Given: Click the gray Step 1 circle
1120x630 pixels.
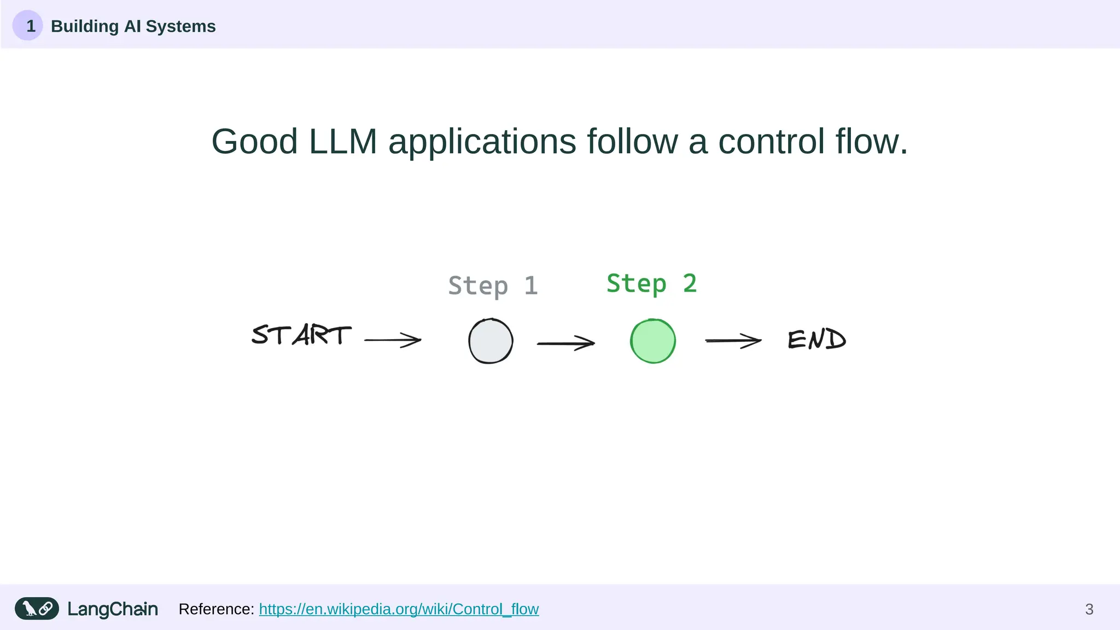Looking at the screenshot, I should click(491, 341).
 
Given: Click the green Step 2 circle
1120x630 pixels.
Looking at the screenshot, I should click(652, 341).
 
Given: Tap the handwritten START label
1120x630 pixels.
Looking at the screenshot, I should click(301, 335).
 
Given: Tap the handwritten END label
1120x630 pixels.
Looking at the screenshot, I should click(816, 340).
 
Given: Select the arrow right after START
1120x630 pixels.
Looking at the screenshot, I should click(393, 340).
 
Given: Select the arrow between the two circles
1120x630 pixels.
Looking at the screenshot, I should click(565, 343).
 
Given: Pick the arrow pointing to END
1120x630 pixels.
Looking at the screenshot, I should click(733, 341).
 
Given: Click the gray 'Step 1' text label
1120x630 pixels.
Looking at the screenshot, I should click(493, 286).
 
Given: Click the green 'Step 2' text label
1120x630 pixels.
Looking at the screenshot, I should click(651, 284).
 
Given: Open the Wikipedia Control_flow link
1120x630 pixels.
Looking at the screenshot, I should click(399, 609).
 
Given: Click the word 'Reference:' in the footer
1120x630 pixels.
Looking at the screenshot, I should click(216, 609).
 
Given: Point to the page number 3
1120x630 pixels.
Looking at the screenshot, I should click(1089, 609).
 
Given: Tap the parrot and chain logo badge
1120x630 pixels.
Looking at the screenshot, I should click(37, 609).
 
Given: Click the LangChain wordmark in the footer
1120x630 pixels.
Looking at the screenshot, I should click(113, 609).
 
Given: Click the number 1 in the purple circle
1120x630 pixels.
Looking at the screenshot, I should click(30, 26).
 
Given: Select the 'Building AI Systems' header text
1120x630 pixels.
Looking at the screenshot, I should click(133, 26).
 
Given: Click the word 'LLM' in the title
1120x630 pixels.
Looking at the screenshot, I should click(343, 142).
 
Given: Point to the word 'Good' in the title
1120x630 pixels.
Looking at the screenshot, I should click(254, 142).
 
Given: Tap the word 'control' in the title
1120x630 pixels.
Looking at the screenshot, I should click(771, 142).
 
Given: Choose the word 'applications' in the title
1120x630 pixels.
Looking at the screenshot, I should click(482, 142).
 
